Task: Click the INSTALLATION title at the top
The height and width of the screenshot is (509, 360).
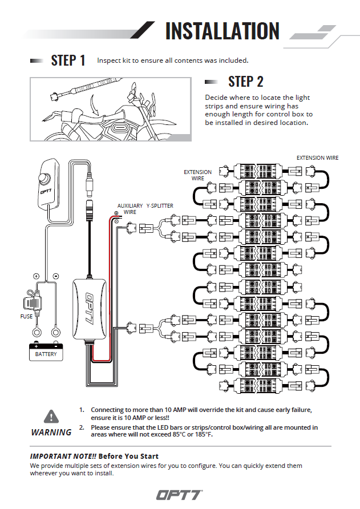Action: (x=222, y=31)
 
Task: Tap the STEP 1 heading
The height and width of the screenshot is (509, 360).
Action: (x=68, y=60)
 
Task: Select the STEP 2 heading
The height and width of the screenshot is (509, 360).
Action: (x=245, y=82)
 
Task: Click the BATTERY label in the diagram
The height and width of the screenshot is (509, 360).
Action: (x=46, y=354)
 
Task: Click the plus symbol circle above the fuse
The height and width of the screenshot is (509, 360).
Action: (x=37, y=276)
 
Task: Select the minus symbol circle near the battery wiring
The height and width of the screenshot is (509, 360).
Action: (x=55, y=276)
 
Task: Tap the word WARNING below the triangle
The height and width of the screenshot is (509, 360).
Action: (x=51, y=432)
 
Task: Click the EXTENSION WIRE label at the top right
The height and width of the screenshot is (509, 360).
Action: (x=318, y=157)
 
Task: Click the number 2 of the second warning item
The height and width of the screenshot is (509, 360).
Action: (x=82, y=427)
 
